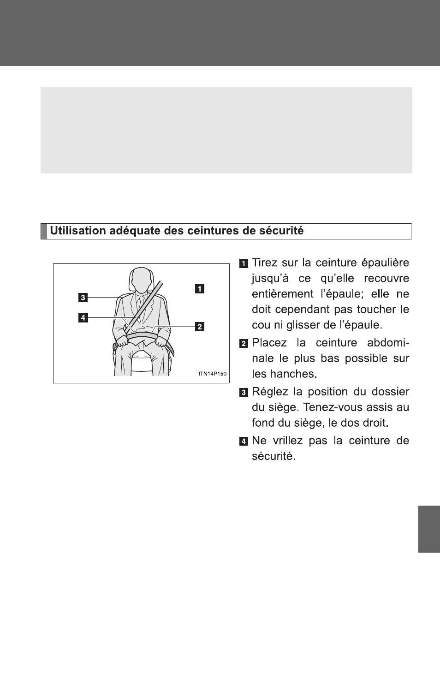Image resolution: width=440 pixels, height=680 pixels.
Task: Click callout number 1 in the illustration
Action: coord(199,289)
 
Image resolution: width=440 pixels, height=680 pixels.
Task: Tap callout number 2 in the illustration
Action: coord(199,327)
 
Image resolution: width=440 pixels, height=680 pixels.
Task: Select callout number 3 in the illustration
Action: coord(83,298)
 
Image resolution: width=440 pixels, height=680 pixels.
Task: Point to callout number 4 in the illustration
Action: coord(83,317)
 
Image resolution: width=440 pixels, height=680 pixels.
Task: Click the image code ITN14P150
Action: coord(212,374)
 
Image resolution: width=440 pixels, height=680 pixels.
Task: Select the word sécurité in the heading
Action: coord(283,231)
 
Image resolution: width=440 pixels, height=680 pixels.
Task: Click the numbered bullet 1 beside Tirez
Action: coord(244,264)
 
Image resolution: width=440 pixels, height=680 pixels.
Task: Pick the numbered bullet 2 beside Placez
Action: coord(244,344)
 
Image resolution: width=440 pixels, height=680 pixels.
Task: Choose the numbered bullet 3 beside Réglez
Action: coord(244,393)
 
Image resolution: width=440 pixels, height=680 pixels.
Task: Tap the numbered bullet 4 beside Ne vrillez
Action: coord(244,441)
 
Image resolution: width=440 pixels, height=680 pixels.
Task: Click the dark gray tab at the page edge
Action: coord(429,529)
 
